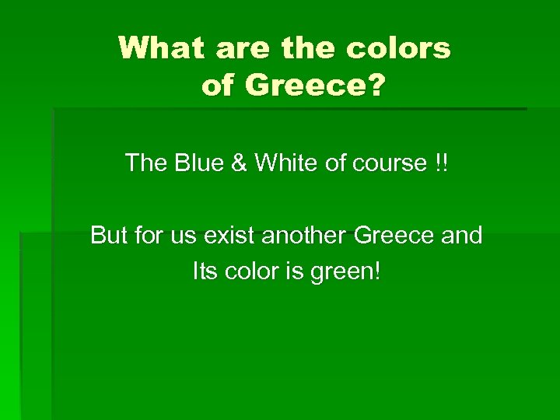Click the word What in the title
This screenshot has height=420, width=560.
pos(162,49)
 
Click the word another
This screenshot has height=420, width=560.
pos(310,234)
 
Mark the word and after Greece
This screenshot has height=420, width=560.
pos(462,234)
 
